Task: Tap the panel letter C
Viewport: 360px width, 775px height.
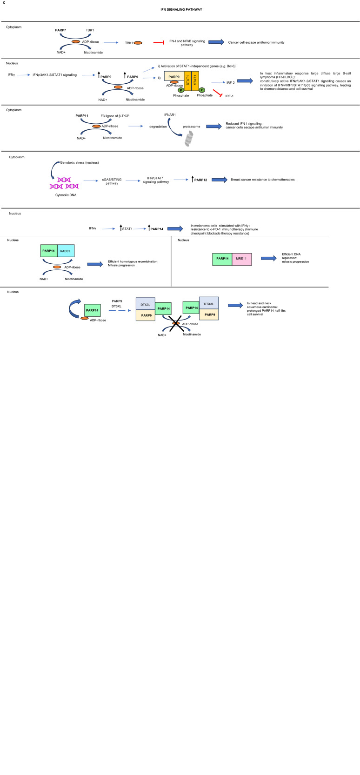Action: [4, 3]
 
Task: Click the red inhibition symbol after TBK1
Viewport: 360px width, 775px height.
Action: [159, 42]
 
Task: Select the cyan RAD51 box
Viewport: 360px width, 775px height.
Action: [67, 251]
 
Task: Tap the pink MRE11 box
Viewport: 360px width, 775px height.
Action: [242, 259]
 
